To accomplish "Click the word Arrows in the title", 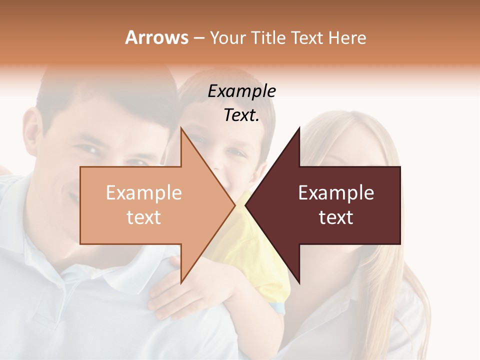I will click(x=156, y=37).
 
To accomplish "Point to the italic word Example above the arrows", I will click(x=241, y=91).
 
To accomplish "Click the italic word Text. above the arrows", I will click(x=241, y=115).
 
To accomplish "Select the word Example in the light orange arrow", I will click(x=143, y=192).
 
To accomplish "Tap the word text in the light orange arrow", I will click(x=143, y=217).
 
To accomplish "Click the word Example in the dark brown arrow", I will click(x=336, y=192).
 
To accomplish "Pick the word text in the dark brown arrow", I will click(x=336, y=217).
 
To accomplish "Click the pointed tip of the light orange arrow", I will click(x=234, y=205).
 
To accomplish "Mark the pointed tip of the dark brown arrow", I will click(x=246, y=205).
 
